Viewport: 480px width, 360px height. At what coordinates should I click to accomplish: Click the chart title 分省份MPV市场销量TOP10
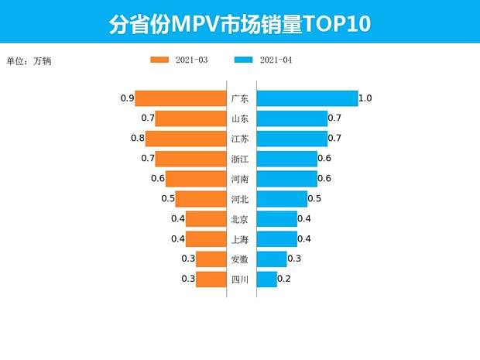click(239, 23)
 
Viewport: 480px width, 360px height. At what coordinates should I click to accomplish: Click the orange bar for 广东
click(180, 98)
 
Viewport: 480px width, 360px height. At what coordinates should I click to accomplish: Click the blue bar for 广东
click(307, 98)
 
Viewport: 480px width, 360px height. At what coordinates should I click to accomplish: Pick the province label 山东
click(240, 118)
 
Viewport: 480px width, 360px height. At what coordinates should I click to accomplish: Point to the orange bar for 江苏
click(185, 139)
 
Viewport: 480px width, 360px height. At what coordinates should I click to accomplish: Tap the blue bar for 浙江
click(286, 159)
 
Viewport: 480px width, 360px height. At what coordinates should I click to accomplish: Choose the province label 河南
click(240, 179)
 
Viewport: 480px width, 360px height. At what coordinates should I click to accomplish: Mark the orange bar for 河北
click(201, 199)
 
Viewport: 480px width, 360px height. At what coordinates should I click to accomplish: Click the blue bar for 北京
click(276, 219)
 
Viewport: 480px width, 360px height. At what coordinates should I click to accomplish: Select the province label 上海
click(240, 239)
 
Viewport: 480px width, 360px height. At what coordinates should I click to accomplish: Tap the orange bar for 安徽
click(211, 259)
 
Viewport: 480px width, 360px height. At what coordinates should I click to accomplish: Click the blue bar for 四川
click(266, 279)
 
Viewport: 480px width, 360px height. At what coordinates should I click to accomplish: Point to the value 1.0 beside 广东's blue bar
click(366, 98)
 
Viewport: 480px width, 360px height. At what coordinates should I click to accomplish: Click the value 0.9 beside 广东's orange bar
click(128, 98)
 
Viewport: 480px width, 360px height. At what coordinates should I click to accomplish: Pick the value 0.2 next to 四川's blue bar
click(284, 279)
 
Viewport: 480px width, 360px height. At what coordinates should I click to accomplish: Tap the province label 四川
click(240, 279)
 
